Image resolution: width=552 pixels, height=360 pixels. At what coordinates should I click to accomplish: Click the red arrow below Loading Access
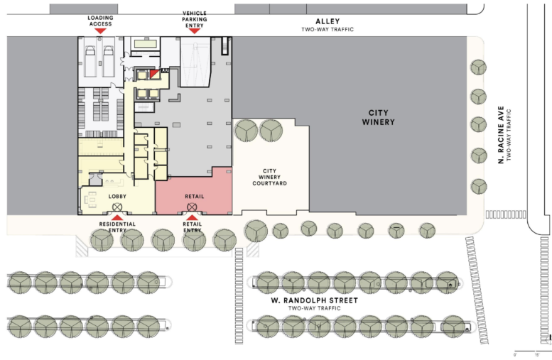coord(100,31)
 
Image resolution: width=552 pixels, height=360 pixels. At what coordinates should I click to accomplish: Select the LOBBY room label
coord(117,195)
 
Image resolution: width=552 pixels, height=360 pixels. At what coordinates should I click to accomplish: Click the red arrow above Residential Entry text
coord(117,218)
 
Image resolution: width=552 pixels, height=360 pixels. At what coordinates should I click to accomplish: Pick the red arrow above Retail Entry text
coord(192,217)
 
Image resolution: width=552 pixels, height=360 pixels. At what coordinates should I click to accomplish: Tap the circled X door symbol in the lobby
coord(117,208)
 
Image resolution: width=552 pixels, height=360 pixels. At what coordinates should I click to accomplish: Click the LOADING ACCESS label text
coord(100,20)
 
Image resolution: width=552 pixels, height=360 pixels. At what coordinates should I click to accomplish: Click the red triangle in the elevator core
coord(155,74)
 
